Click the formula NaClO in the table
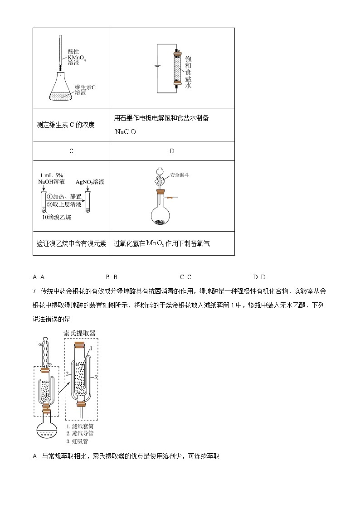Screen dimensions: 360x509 pos(126,132)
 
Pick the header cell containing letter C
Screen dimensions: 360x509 pos(71,151)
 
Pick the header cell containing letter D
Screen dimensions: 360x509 pos(172,151)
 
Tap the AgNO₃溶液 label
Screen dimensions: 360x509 pos(90,182)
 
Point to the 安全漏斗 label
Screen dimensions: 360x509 pos(180,174)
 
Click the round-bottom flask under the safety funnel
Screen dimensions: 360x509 pos(159,215)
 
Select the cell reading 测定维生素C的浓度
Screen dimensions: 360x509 pos(65,125)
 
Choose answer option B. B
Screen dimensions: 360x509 pos(112,277)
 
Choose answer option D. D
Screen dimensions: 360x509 pos(259,277)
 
